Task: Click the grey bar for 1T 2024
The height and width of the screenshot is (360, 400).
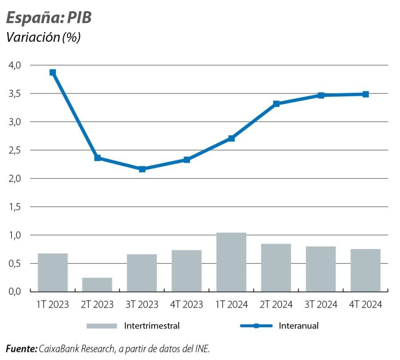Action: (x=231, y=262)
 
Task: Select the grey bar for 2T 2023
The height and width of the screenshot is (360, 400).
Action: (x=97, y=284)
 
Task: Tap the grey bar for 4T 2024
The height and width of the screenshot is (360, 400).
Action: (x=365, y=270)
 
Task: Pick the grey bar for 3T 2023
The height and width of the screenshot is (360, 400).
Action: (x=142, y=272)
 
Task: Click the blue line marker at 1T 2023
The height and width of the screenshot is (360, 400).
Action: (x=53, y=72)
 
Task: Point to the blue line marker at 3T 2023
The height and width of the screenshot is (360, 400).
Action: (x=142, y=169)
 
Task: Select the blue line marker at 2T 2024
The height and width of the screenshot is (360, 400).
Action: (x=276, y=104)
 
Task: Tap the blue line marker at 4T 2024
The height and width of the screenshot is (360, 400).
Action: (x=365, y=94)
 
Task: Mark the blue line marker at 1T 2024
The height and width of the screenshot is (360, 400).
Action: (x=232, y=138)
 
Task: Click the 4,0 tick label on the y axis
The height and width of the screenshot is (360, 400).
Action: (x=15, y=65)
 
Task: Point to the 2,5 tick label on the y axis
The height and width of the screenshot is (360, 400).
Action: (x=15, y=151)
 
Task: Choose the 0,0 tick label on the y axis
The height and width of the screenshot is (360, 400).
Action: (x=15, y=292)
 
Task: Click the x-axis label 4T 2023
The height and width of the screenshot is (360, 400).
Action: (x=187, y=305)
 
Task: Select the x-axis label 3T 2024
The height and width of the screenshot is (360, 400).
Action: (x=320, y=305)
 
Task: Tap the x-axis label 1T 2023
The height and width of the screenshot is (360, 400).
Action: (x=53, y=305)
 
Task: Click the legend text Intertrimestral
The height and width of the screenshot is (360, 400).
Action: (x=152, y=326)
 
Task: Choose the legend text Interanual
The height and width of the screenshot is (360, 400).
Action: (x=299, y=326)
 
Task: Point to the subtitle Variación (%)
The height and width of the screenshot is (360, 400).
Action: (x=43, y=37)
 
